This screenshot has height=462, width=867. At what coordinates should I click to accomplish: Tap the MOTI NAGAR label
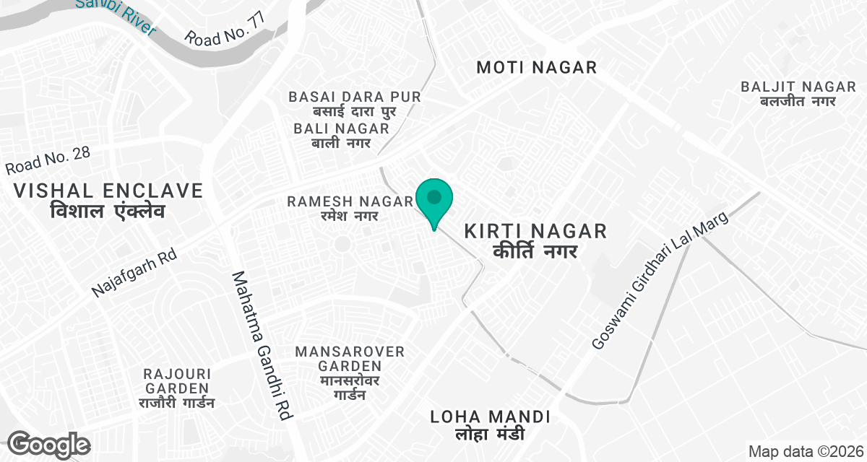tap(537, 68)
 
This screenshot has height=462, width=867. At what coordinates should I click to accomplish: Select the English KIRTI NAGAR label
tap(535, 232)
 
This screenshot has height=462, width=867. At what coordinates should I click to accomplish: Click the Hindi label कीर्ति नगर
tap(535, 252)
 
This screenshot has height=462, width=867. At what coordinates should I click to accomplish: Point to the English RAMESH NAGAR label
tap(350, 201)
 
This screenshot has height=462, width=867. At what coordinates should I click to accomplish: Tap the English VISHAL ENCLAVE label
tap(108, 191)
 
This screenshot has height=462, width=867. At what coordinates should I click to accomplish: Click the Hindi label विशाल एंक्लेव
tap(108, 212)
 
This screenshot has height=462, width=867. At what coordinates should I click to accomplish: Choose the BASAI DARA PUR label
tap(354, 97)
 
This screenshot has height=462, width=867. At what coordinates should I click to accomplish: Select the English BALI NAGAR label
tap(342, 128)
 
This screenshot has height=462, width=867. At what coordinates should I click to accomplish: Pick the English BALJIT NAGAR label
tap(798, 87)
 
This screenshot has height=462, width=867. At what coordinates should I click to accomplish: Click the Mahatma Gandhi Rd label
tap(262, 346)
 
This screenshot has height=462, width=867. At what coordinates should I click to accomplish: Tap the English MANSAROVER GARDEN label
tap(350, 359)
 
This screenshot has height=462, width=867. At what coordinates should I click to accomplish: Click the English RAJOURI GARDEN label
tap(177, 381)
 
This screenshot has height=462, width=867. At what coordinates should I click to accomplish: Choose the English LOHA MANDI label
tap(491, 417)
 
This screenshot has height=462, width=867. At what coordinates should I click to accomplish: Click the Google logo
tap(48, 445)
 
